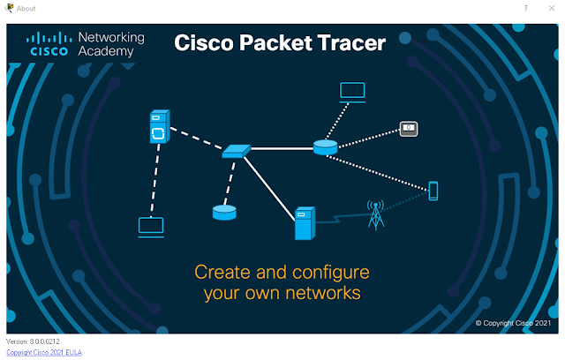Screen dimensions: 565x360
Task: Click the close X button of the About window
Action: (x=551, y=8)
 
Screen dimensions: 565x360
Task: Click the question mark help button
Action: (x=526, y=8)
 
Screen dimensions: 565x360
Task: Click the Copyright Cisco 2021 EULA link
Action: (x=44, y=352)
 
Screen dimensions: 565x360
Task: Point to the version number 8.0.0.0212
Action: (x=45, y=341)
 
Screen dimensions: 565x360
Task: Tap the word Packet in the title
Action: (x=275, y=43)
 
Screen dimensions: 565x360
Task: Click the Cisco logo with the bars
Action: (x=49, y=44)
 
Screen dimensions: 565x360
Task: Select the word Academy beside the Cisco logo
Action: (x=106, y=51)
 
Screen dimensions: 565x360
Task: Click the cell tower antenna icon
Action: (x=376, y=215)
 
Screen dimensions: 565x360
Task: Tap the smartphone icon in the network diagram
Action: (x=433, y=191)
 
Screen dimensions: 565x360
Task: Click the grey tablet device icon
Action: (x=409, y=129)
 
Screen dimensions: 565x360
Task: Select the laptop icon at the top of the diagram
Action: (x=352, y=93)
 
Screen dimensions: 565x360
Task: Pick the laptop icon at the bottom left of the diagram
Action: (x=151, y=227)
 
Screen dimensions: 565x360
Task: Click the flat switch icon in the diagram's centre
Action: (x=236, y=151)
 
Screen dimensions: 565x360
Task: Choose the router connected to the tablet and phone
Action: (x=325, y=147)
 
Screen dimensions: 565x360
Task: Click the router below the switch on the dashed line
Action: (x=224, y=213)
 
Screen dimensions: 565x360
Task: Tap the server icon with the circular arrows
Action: (x=159, y=127)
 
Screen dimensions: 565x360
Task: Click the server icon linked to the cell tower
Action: (x=305, y=223)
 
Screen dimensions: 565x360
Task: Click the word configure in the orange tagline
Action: (x=331, y=273)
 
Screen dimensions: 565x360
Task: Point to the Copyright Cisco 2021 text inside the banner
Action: (x=513, y=323)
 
